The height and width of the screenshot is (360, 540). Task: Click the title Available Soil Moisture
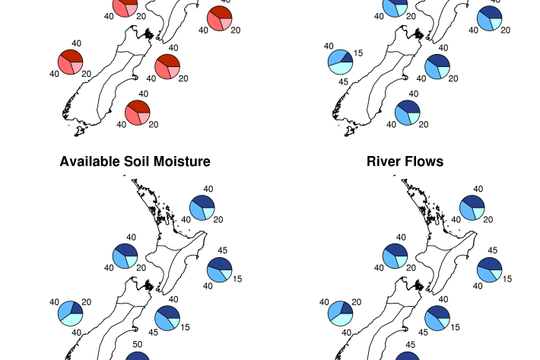point(135,161)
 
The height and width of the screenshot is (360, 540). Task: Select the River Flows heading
point(405,161)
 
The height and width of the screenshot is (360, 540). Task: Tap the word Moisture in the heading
point(182,161)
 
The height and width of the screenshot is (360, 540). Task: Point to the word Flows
point(426,161)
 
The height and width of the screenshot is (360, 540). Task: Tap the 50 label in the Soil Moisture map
point(138,344)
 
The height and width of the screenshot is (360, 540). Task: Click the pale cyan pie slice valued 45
point(340,68)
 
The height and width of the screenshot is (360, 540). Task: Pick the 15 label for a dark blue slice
point(358,53)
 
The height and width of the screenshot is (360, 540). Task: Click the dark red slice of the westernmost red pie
point(71,56)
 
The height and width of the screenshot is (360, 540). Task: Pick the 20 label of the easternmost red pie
point(236,30)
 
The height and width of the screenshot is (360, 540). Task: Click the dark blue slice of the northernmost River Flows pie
point(475,202)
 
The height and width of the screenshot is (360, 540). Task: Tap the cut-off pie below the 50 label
point(138,356)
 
